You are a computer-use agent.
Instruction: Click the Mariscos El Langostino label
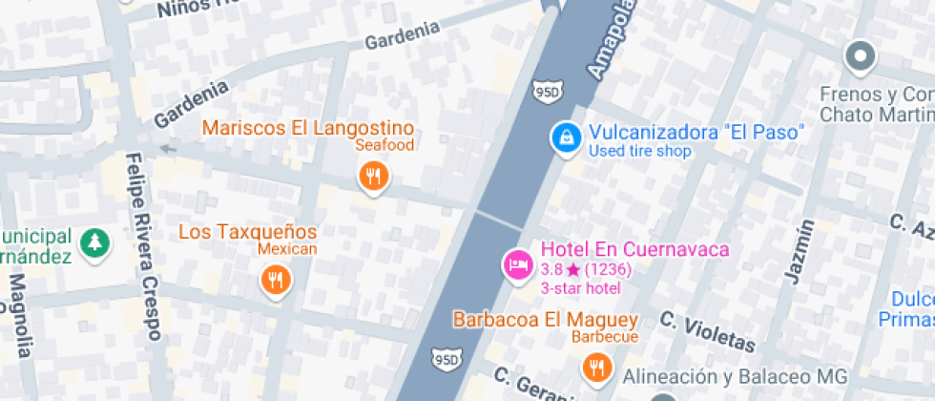coord(308,128)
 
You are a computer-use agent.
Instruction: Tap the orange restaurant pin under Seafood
coord(373,176)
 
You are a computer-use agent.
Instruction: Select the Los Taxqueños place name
coord(248,232)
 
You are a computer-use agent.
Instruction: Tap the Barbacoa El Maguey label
coord(545,319)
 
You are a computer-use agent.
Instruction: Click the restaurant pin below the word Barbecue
coord(597,366)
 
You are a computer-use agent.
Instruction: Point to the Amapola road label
coord(609,40)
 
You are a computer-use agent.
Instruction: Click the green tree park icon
coord(94,243)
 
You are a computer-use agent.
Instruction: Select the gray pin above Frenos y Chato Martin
coord(861,57)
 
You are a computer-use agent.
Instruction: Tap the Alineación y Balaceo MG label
coord(732,374)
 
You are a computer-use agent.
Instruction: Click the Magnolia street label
coord(20,315)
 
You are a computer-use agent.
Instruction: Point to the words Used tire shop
coord(639,151)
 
